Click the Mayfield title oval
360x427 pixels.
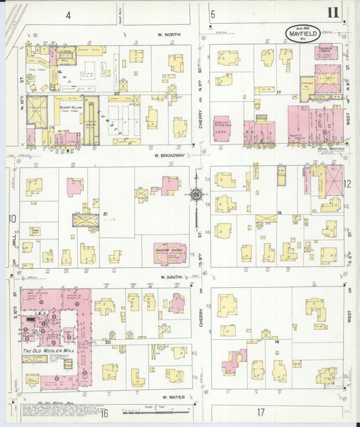point(297,33)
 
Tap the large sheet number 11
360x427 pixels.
point(334,13)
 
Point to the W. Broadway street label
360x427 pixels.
point(167,156)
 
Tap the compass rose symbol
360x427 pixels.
point(197,195)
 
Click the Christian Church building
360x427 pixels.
point(170,252)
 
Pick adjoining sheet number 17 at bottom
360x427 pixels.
point(260,411)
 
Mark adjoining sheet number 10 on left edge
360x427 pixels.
point(12,218)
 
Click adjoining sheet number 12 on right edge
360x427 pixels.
point(347,183)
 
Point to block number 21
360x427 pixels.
point(105,214)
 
